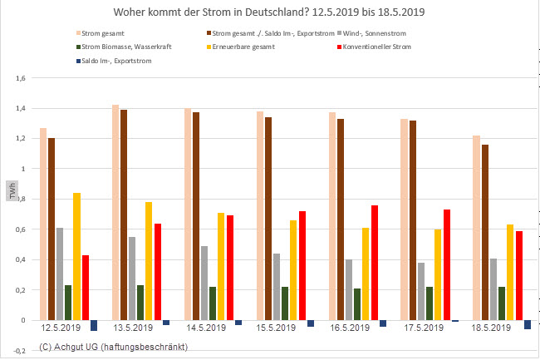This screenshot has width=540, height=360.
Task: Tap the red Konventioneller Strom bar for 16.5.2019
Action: [375, 263]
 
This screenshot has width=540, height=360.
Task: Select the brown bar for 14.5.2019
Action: [195, 216]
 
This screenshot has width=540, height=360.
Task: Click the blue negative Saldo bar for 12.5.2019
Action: [94, 325]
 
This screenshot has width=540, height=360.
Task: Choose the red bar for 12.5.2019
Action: [86, 288]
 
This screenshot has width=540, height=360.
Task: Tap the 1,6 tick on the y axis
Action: [21, 78]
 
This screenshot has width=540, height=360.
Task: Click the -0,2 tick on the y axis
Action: [20, 351]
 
